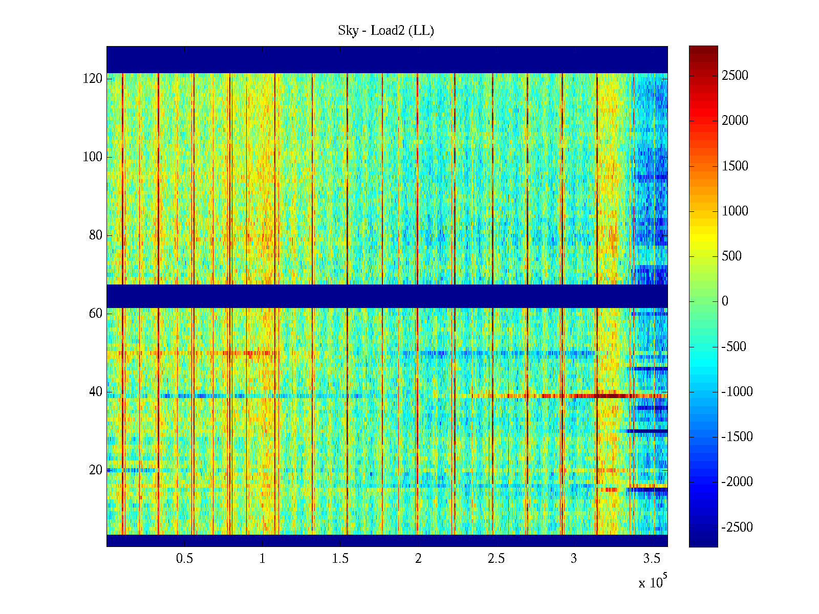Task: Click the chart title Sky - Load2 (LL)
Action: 386,31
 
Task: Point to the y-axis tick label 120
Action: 92,79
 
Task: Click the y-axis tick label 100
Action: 92,157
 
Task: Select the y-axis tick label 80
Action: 95,235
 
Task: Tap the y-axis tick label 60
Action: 95,314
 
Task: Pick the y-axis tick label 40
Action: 95,392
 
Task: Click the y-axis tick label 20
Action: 95,470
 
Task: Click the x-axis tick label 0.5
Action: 184,558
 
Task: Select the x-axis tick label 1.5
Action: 340,558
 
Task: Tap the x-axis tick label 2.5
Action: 496,558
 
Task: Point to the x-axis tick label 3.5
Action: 652,558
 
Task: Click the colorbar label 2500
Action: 735,76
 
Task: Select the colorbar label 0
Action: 725,301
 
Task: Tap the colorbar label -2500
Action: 737,527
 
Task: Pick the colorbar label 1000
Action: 735,211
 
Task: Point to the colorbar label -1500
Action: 737,437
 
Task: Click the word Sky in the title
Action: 348,31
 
